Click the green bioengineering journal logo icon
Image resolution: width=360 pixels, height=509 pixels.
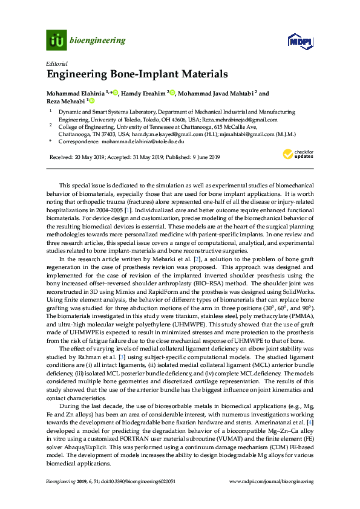tap(56, 41)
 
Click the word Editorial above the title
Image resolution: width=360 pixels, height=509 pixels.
tap(56, 63)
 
